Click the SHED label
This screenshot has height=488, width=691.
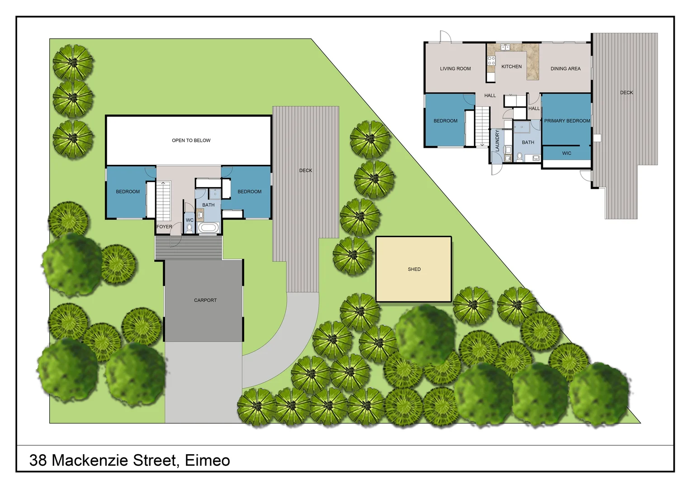tap(414, 269)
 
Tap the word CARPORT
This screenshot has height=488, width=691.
tap(205, 300)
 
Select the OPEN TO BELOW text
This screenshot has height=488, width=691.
tap(191, 141)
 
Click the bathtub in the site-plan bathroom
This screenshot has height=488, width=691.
tap(208, 227)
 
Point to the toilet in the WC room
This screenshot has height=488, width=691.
tap(189, 229)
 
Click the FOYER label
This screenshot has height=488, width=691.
tap(164, 227)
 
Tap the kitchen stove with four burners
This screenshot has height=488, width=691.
tap(491, 61)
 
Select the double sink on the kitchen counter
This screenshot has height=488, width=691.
tap(505, 47)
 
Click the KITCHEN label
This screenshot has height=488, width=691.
tap(511, 67)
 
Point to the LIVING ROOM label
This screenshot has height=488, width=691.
tap(455, 69)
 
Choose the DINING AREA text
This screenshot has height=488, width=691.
tap(565, 69)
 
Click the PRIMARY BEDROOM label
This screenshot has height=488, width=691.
tap(567, 121)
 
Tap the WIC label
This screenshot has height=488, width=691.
tap(567, 154)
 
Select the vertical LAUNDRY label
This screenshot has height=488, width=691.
tap(497, 141)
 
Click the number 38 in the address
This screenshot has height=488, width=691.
tap(38, 460)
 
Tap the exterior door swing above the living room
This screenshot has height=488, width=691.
tap(445, 37)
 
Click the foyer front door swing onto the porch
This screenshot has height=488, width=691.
tap(175, 240)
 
